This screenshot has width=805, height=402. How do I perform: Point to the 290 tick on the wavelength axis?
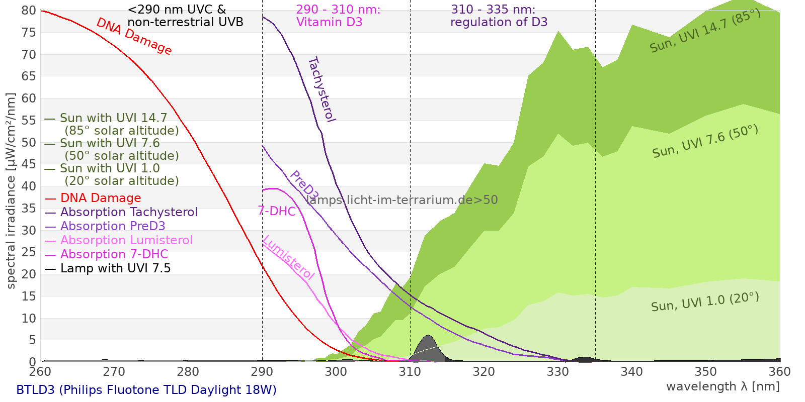pos(262,372)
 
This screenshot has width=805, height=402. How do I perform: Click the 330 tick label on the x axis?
pos(558,372)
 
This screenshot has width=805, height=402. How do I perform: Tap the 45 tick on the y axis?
pos(29,164)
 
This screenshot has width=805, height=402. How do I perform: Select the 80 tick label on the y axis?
pos(29,11)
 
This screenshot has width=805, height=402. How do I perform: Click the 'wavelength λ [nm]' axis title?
pos(722,386)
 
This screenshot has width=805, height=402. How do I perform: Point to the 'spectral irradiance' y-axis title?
pos(11,190)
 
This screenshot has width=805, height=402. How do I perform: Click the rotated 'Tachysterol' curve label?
pos(321,89)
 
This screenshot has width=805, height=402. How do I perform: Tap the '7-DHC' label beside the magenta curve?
pos(277,211)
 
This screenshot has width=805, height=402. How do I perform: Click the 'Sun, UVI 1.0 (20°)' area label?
pos(705,302)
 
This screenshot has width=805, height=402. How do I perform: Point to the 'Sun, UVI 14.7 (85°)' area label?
pos(705,31)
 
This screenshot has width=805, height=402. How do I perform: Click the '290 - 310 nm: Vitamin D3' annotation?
pos(338,16)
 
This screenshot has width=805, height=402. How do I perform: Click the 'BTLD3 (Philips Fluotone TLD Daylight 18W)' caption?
pos(146,390)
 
